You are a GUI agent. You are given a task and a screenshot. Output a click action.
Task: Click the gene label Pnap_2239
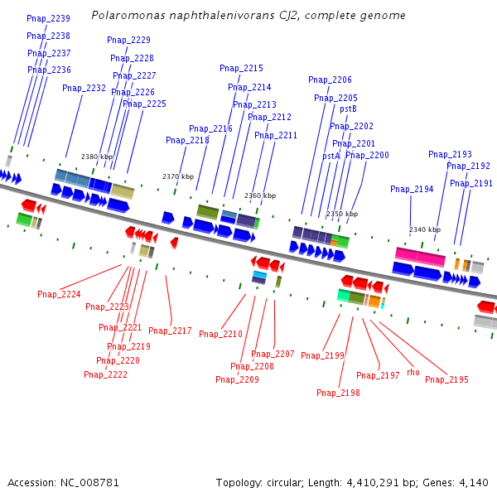[x=48, y=18]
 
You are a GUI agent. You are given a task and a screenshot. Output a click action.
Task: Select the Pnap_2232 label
[x=84, y=88]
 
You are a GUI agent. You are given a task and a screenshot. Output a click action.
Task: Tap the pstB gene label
[x=348, y=109]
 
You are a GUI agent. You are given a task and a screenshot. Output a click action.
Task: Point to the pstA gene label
[x=331, y=156]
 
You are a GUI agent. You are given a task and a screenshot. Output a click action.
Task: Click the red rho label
[x=413, y=373]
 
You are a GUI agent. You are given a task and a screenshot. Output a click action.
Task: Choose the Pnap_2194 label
[x=412, y=189]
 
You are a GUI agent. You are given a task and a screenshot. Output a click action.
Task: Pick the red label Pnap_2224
[x=59, y=294]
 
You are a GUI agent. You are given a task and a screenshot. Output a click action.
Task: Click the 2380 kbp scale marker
[x=97, y=157]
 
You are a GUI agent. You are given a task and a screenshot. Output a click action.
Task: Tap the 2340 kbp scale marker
[x=425, y=229]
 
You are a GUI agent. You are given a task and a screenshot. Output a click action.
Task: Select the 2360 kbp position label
[x=260, y=196]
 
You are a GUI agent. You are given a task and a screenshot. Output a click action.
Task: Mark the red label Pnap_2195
[x=446, y=379]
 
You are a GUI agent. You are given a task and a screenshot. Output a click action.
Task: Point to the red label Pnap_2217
[x=170, y=331]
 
